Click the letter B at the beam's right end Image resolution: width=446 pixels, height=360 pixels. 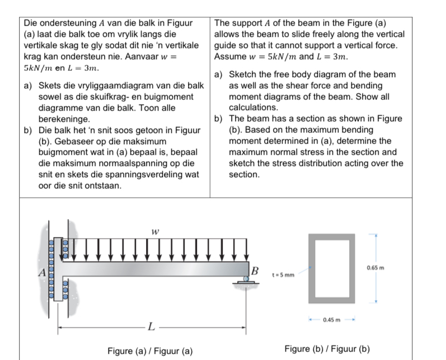pyautogui.click(x=255, y=271)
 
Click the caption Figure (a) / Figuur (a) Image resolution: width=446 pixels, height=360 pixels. pyautogui.click(x=150, y=351)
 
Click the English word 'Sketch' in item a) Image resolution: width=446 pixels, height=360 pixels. pyautogui.click(x=244, y=74)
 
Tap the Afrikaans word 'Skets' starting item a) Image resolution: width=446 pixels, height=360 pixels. pyautogui.click(x=49, y=86)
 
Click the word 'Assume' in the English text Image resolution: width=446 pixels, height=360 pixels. pyautogui.click(x=229, y=56)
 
